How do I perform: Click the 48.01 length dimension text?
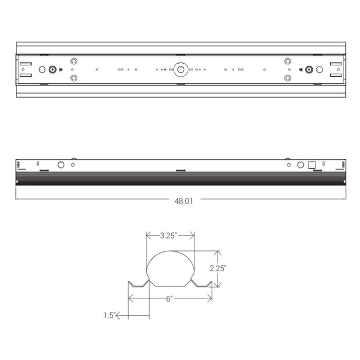coord(183,202)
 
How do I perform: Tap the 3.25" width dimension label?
coord(169,236)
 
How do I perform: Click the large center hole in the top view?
coord(180,69)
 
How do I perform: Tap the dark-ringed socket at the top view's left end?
coord(52,69)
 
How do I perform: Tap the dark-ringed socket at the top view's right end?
coord(310,69)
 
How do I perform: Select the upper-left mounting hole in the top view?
coord(74,60)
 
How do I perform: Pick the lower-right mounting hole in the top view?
coord(287,79)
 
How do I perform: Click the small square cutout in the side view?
coord(311,166)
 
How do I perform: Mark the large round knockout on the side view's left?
coord(61,165)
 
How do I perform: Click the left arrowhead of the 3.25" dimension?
coord(149,236)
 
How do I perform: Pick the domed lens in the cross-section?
coord(171,267)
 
